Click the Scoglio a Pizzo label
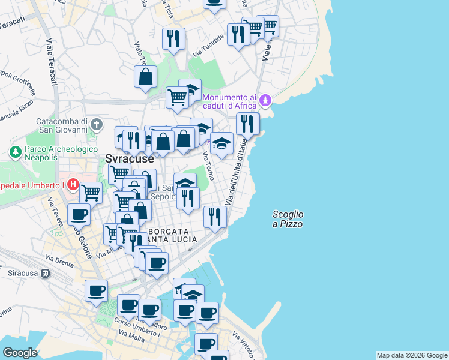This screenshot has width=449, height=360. point(288,219)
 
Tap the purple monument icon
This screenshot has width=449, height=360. point(266,100)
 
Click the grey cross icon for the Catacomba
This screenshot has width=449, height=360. point(97,124)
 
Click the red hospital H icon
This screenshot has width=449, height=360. point(73,183)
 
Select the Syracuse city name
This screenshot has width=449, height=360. point(129,160)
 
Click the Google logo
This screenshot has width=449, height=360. point(20,353)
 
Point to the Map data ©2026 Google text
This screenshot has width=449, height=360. point(412,355)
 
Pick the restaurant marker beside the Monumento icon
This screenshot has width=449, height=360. point(247,124)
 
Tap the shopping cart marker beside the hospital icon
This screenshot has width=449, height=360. point(91,193)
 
